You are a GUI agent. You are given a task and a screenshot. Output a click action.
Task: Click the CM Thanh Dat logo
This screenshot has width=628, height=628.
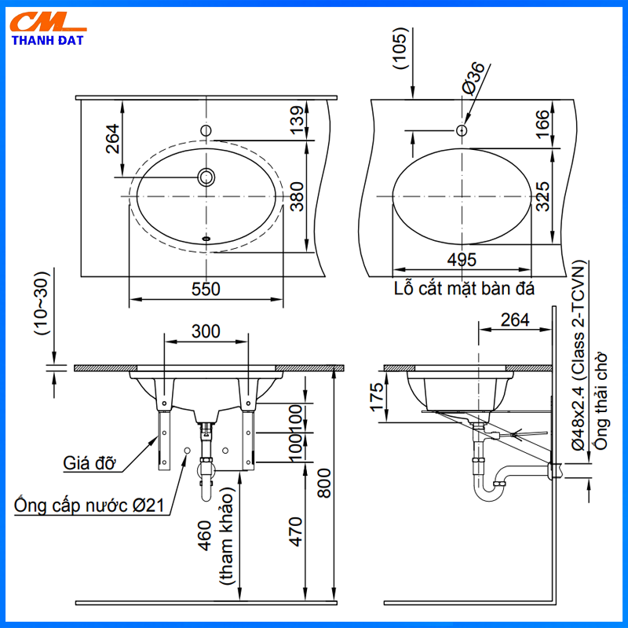[48, 29]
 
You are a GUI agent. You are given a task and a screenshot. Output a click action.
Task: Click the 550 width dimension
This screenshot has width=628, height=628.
[206, 289]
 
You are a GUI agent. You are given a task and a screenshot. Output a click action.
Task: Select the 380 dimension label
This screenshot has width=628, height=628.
[298, 197]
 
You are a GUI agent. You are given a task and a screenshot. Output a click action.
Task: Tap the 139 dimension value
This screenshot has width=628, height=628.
[298, 121]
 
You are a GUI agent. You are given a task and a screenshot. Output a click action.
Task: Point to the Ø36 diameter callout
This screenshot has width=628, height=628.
[473, 78]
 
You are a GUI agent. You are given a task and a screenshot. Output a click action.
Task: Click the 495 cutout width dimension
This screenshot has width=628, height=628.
[462, 260]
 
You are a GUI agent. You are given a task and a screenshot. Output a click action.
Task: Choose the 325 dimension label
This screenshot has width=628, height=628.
[542, 196]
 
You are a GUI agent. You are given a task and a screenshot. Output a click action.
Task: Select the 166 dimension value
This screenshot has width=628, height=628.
[542, 124]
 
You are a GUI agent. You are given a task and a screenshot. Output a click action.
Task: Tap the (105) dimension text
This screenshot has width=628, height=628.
[400, 49]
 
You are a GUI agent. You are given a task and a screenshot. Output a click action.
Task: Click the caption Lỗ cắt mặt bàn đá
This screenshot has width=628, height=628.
[464, 288]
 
